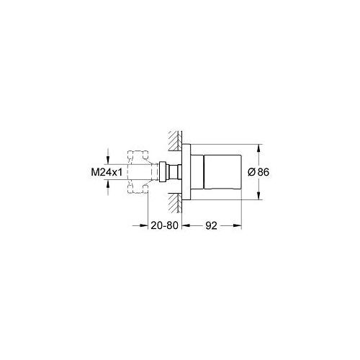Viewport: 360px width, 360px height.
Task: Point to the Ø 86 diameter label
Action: tap(258, 174)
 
